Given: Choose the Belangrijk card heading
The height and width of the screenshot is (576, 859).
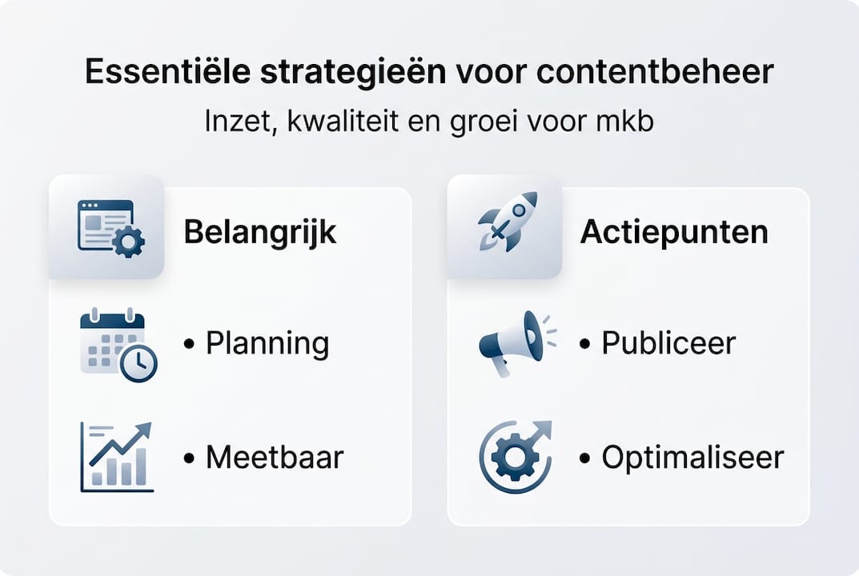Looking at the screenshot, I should click(259, 232).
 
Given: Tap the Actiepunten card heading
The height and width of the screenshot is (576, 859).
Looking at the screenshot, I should click(674, 232).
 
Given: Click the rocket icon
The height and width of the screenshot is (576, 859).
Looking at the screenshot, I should click(507, 222).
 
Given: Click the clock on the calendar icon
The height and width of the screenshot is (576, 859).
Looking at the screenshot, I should click(138, 364).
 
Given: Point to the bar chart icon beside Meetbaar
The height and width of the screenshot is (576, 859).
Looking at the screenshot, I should click(117, 457).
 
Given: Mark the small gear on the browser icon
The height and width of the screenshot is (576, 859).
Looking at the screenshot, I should click(128, 241).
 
